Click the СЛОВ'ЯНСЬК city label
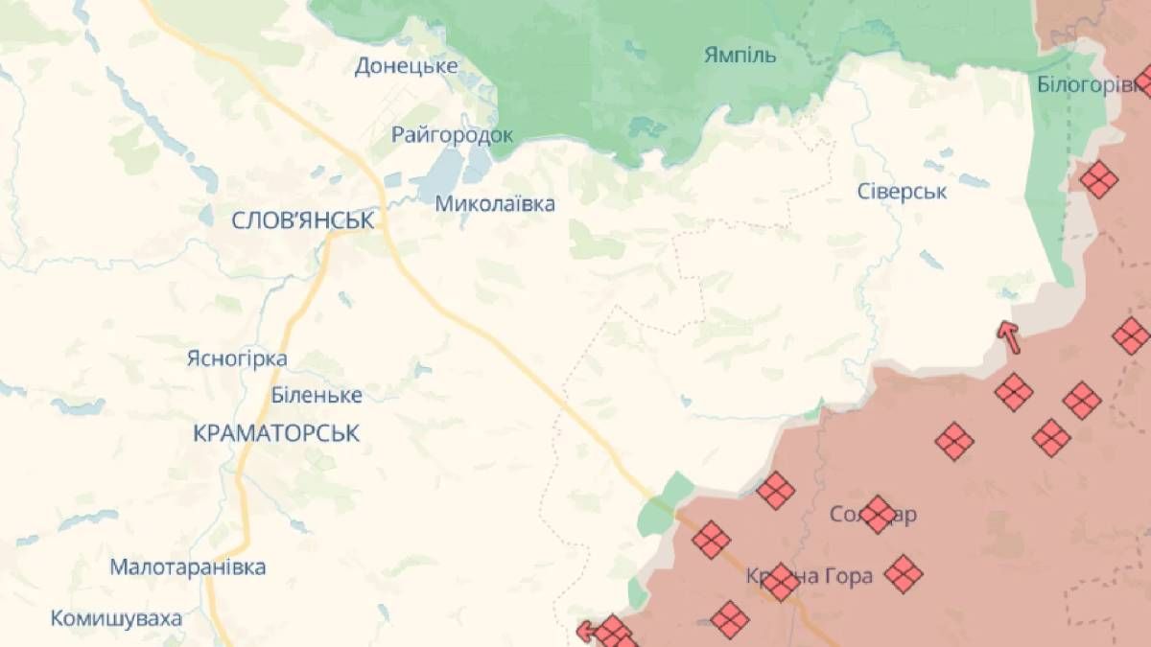pyautogui.click(x=302, y=220)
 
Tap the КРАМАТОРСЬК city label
pyautogui.click(x=276, y=433)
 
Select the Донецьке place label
pyautogui.click(x=406, y=66)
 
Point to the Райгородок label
pyautogui.click(x=452, y=135)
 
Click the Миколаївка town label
pyautogui.click(x=494, y=203)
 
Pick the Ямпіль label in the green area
pyautogui.click(x=740, y=54)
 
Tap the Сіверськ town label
pyautogui.click(x=902, y=191)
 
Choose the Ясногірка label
pyautogui.click(x=237, y=358)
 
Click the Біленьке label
pyautogui.click(x=317, y=395)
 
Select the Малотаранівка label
pyautogui.click(x=188, y=566)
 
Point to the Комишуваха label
pyautogui.click(x=116, y=618)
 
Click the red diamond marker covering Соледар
pyautogui.click(x=877, y=515)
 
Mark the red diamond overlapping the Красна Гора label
pyautogui.click(x=780, y=581)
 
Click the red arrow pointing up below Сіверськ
pyautogui.click(x=1008, y=337)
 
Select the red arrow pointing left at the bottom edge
pyautogui.click(x=586, y=631)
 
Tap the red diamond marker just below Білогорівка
pyautogui.click(x=1099, y=179)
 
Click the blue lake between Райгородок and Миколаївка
pyautogui.click(x=440, y=170)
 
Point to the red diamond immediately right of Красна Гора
pyautogui.click(x=903, y=574)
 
